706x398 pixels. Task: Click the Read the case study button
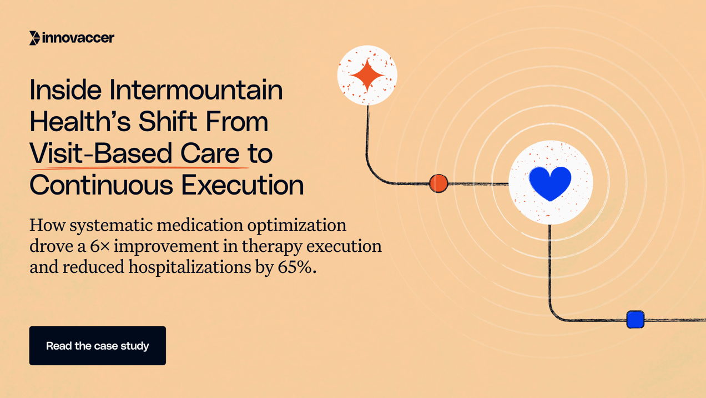click(x=98, y=346)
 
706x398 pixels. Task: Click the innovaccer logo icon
click(x=34, y=38)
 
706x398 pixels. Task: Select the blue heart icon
click(x=550, y=183)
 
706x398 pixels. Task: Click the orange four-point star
click(x=367, y=75)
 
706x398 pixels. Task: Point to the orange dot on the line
click(x=438, y=183)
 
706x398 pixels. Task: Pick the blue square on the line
click(x=635, y=320)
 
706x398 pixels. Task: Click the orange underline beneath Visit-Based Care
click(x=139, y=166)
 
